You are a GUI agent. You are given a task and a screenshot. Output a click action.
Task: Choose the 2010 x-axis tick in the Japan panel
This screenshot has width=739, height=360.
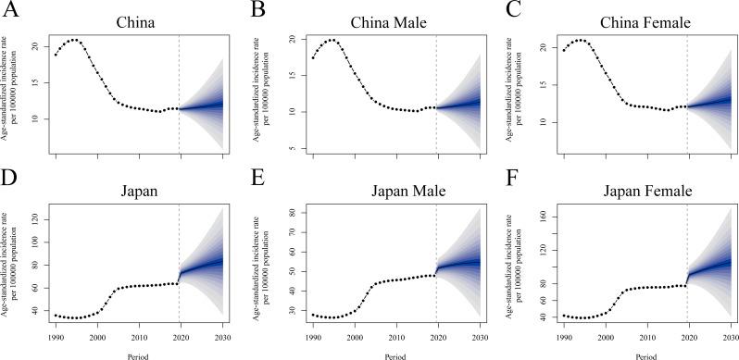click(x=138, y=337)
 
